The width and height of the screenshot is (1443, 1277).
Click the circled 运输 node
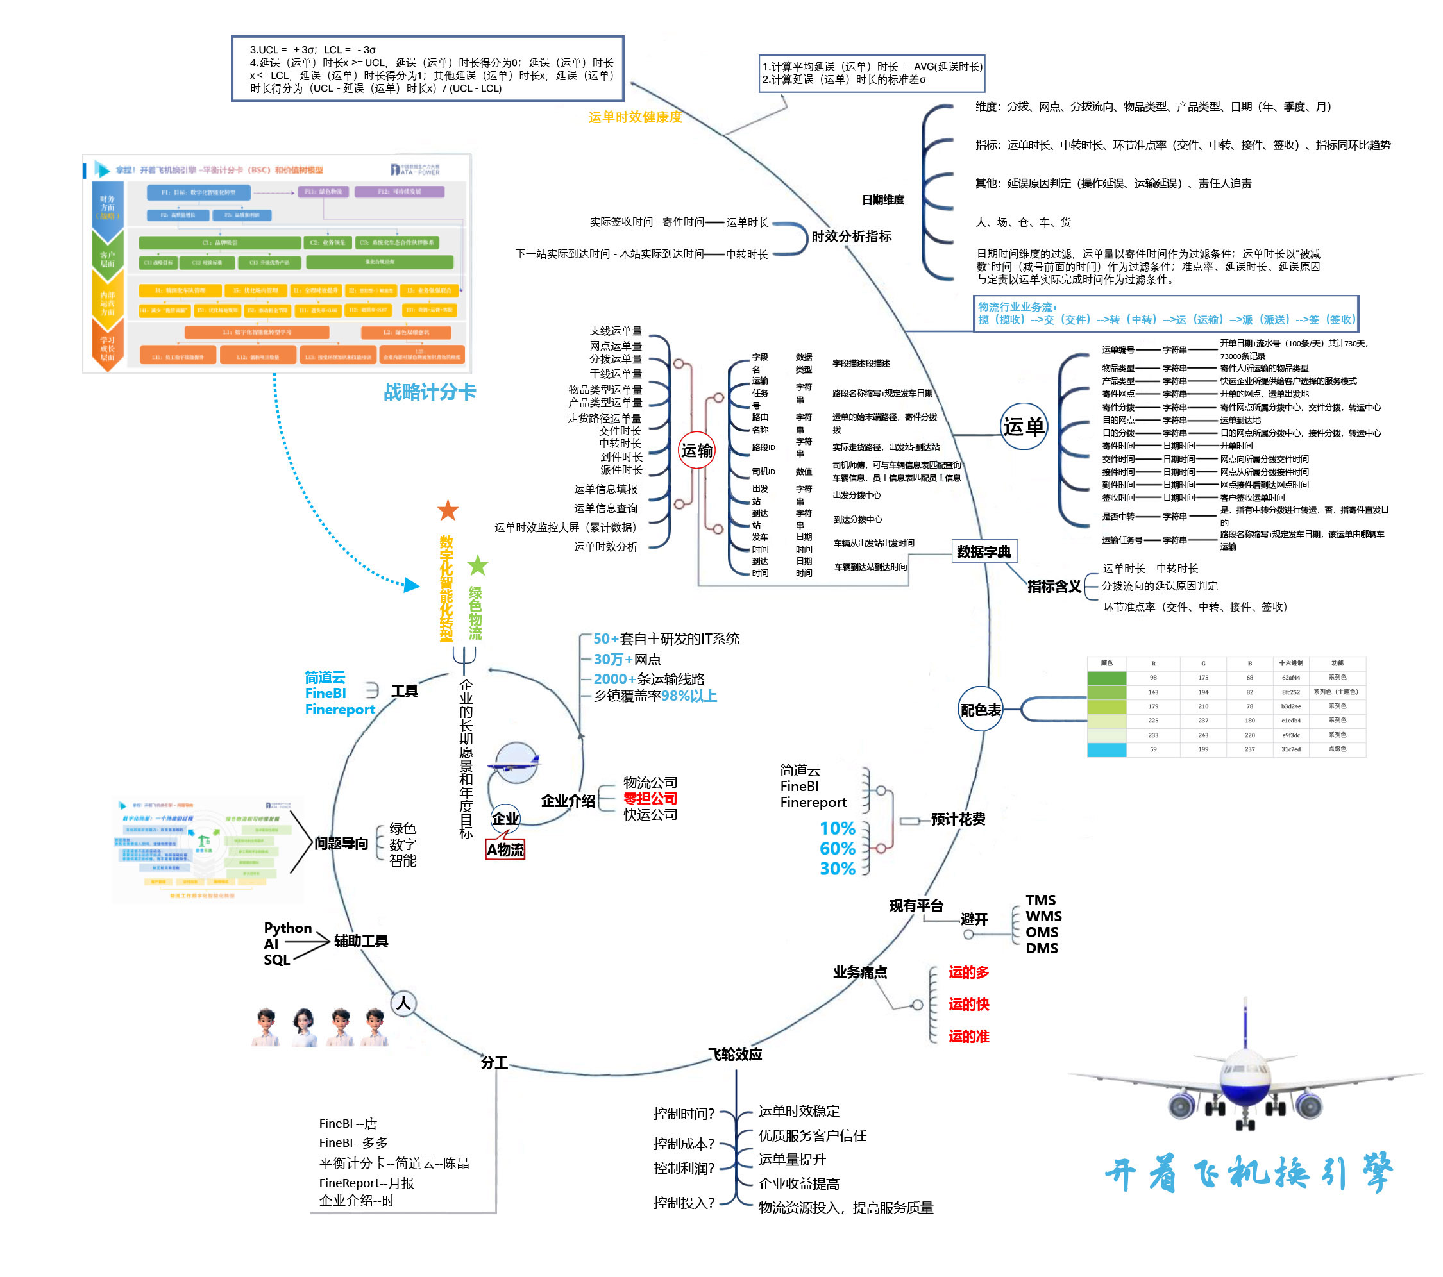tap(696, 450)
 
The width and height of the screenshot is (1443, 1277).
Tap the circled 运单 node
tap(1023, 426)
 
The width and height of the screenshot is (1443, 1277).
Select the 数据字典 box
tap(983, 552)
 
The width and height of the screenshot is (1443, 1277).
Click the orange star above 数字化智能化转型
tap(448, 510)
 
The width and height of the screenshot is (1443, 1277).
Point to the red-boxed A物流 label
tap(505, 849)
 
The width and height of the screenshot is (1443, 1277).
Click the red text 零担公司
tap(650, 799)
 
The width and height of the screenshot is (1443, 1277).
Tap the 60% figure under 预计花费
tap(838, 848)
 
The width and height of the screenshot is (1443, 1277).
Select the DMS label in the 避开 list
tap(1042, 948)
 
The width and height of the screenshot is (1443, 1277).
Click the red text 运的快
tap(968, 1004)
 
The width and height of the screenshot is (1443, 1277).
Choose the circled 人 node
tap(404, 1003)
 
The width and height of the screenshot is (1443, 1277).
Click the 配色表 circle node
tap(981, 710)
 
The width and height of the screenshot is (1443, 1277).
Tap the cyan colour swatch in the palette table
tap(1106, 749)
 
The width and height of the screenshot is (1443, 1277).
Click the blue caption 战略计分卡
tap(429, 392)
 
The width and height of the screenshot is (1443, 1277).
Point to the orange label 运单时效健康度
tap(635, 117)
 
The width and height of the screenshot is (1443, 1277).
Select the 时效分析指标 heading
tap(852, 237)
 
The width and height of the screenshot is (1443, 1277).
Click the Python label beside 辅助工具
tap(287, 927)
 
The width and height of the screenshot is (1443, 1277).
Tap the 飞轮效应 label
tap(735, 1054)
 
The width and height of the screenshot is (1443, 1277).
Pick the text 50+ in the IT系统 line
tap(605, 638)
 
